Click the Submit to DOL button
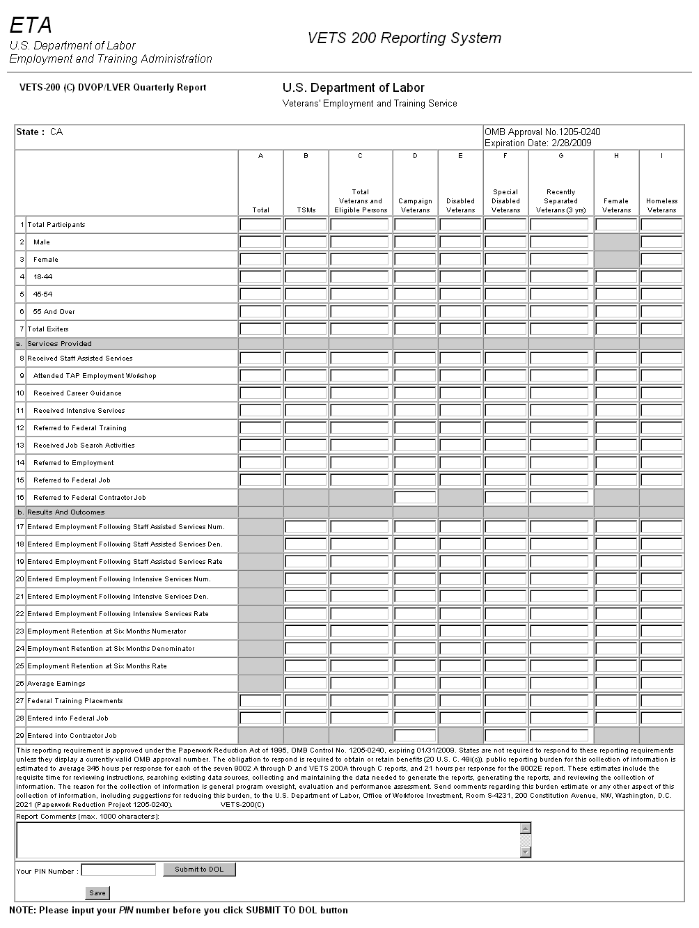[x=199, y=870]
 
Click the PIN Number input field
[x=118, y=870]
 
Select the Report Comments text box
[x=268, y=840]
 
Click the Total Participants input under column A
[x=260, y=225]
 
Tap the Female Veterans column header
[x=616, y=205]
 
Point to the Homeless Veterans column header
[x=661, y=205]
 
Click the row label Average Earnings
[x=56, y=684]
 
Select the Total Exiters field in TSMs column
[x=306, y=329]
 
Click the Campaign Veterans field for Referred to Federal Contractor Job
[x=415, y=498]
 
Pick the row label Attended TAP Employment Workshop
[x=95, y=376]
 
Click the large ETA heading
[x=31, y=26]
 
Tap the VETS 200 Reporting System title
[x=404, y=38]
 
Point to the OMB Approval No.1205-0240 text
[x=542, y=132]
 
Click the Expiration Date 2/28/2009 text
[x=538, y=143]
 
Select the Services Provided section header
[x=59, y=344]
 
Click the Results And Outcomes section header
[x=65, y=512]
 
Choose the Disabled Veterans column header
[x=460, y=205]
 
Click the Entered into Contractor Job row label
[x=72, y=736]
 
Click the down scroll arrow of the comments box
[x=526, y=852]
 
